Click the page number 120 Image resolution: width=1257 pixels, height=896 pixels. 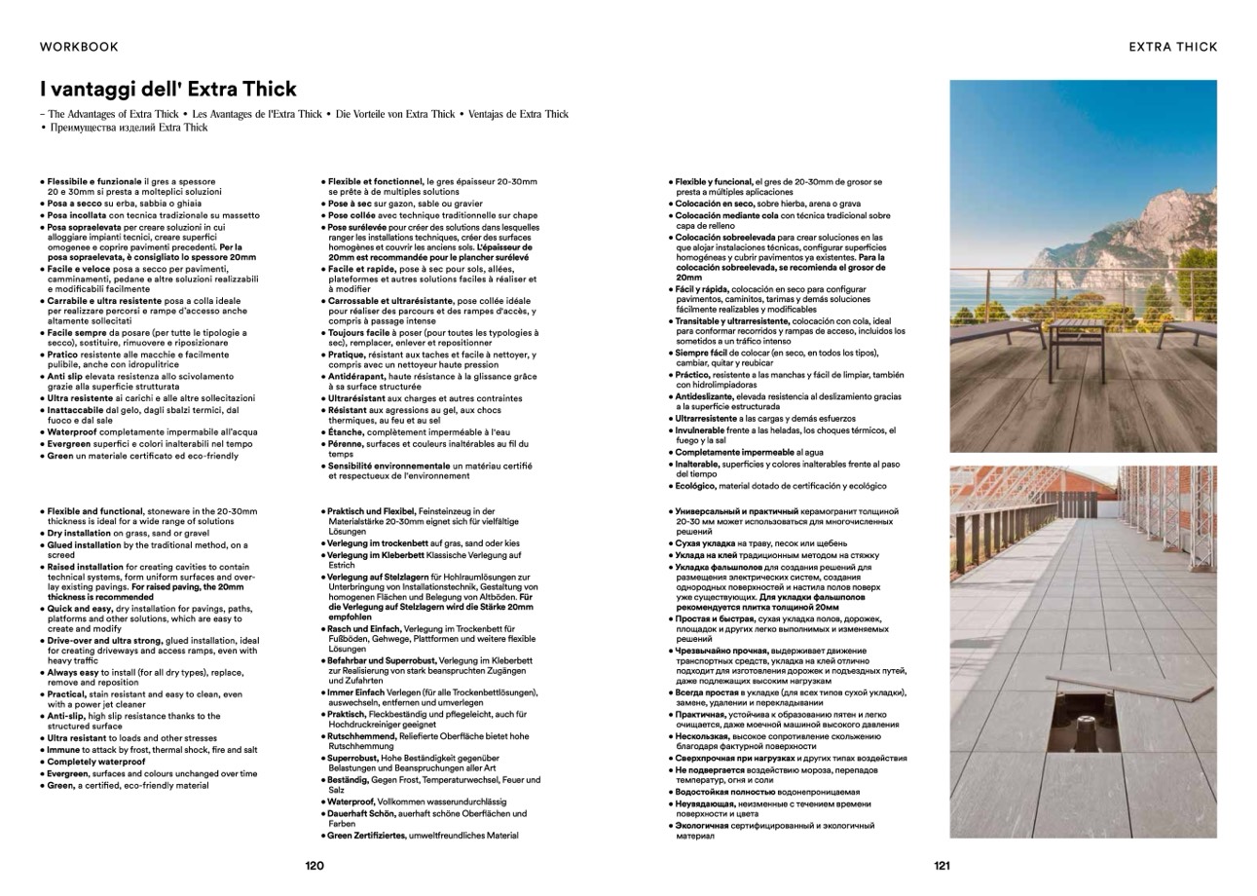click(314, 865)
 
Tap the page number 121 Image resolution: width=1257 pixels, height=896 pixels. click(942, 865)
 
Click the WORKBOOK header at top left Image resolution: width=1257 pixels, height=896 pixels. click(79, 47)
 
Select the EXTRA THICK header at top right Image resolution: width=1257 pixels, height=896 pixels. click(1172, 47)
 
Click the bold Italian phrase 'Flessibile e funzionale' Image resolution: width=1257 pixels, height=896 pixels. click(93, 182)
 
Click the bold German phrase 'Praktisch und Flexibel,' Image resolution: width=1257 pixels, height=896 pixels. click(371, 511)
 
